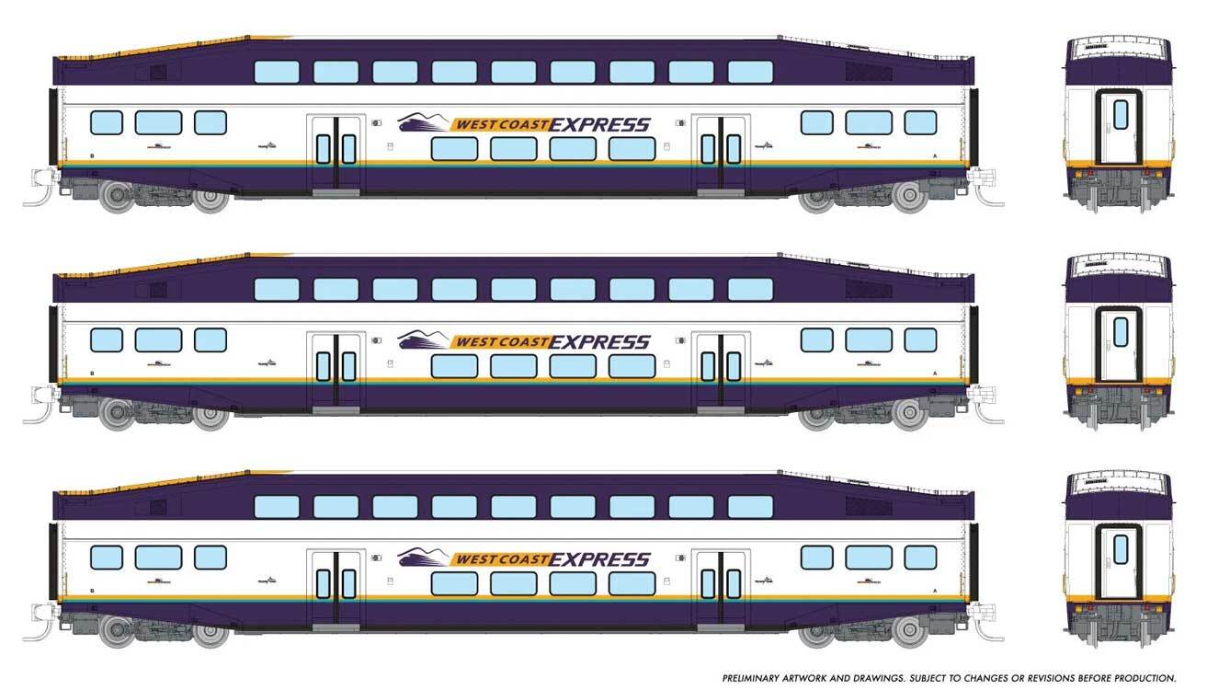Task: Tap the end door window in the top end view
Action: (x=1121, y=114)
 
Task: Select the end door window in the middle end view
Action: (x=1121, y=330)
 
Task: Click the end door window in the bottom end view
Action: (x=1121, y=547)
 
